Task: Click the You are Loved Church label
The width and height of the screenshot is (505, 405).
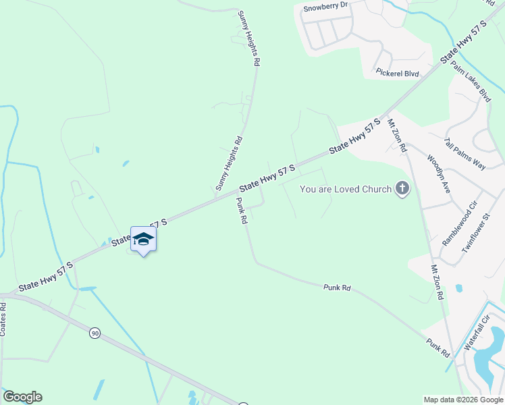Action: coord(345,189)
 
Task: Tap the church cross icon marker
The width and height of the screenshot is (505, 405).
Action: coord(402,188)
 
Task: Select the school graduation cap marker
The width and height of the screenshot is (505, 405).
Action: coord(143,239)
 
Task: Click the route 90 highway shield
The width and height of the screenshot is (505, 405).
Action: coord(95,333)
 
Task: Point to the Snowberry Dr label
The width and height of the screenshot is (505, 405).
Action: coord(325,6)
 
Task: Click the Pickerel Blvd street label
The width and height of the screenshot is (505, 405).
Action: coord(398,72)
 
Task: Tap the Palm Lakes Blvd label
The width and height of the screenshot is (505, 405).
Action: coord(471,81)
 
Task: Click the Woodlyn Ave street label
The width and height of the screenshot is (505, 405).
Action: coord(439,174)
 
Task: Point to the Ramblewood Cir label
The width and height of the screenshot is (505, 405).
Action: coord(460,222)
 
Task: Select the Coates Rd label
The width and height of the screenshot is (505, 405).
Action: coord(3,319)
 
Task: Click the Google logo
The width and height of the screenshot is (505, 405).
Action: coord(22,397)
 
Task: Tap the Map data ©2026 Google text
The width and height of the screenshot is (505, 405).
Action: coord(463,400)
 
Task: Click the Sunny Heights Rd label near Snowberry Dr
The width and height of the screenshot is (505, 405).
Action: coord(248,38)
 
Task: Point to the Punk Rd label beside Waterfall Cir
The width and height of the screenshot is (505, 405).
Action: coord(437,348)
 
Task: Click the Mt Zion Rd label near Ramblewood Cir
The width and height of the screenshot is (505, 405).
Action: coord(437,282)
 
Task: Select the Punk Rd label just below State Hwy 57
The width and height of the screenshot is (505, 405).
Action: coord(242,212)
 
